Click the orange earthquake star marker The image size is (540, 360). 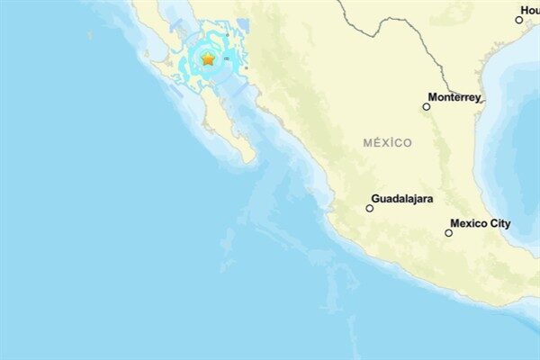[208, 59]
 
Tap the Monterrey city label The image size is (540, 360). [454, 97]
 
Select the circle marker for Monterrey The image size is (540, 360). [427, 107]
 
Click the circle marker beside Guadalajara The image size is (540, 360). [369, 208]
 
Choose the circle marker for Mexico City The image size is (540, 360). [448, 233]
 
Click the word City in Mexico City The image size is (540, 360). [499, 223]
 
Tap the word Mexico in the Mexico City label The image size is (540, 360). [468, 223]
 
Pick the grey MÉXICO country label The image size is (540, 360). [388, 142]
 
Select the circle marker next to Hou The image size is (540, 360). [519, 19]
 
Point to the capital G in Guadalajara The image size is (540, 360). [375, 198]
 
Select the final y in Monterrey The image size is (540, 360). [478, 98]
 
